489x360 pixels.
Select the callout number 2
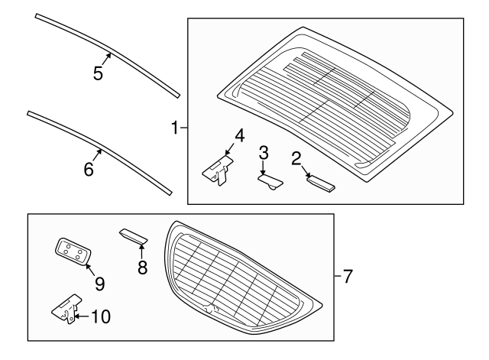pyautogui.click(x=296, y=159)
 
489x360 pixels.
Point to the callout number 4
pyautogui.click(x=239, y=135)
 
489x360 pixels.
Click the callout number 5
pyautogui.click(x=98, y=74)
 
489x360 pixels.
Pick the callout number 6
pyautogui.click(x=89, y=169)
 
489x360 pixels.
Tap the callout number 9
pyautogui.click(x=99, y=283)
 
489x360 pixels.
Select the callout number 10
pyautogui.click(x=100, y=315)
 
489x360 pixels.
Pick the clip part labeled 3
pyautogui.click(x=270, y=181)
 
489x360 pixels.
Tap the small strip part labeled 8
pyautogui.click(x=134, y=236)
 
